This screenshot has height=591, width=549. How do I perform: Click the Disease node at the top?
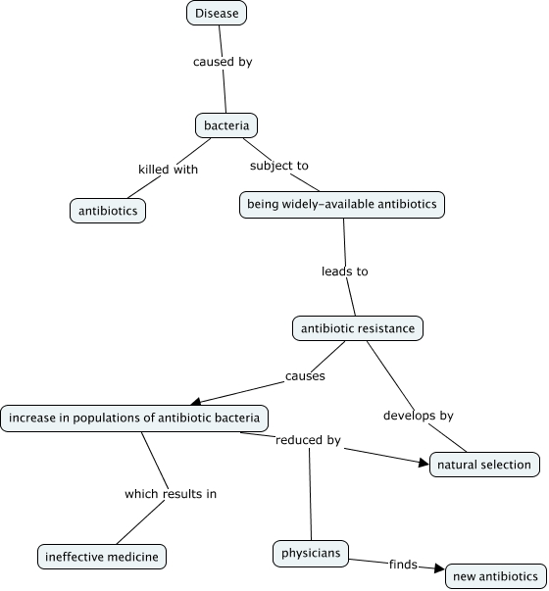[x=216, y=13]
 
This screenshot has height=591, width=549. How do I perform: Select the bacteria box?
[x=225, y=125]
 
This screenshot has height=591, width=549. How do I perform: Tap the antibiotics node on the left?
[x=109, y=211]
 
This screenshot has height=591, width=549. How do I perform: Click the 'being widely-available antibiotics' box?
[x=342, y=205]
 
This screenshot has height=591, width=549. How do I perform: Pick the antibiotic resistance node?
[x=358, y=328]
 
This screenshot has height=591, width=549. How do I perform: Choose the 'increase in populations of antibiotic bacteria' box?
[x=134, y=419]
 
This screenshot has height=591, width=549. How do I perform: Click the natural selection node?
[x=484, y=464]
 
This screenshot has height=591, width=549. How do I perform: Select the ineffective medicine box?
[x=102, y=557]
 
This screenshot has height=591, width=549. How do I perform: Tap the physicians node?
[x=311, y=554]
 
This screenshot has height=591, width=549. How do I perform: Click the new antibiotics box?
[x=495, y=576]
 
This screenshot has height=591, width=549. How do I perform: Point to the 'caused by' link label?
[x=223, y=62]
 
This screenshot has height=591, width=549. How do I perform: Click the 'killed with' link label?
[x=168, y=170]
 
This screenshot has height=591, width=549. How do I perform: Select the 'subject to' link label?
[x=278, y=166]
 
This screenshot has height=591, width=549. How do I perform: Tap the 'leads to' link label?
[x=344, y=271]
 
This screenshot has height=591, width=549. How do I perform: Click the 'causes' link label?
[x=305, y=375]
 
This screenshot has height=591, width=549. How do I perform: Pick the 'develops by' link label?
[x=418, y=416]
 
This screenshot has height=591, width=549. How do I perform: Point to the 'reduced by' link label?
[x=308, y=441]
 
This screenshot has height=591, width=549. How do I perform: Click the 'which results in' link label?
[x=170, y=494]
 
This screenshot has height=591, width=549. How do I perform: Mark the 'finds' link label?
[x=403, y=565]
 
